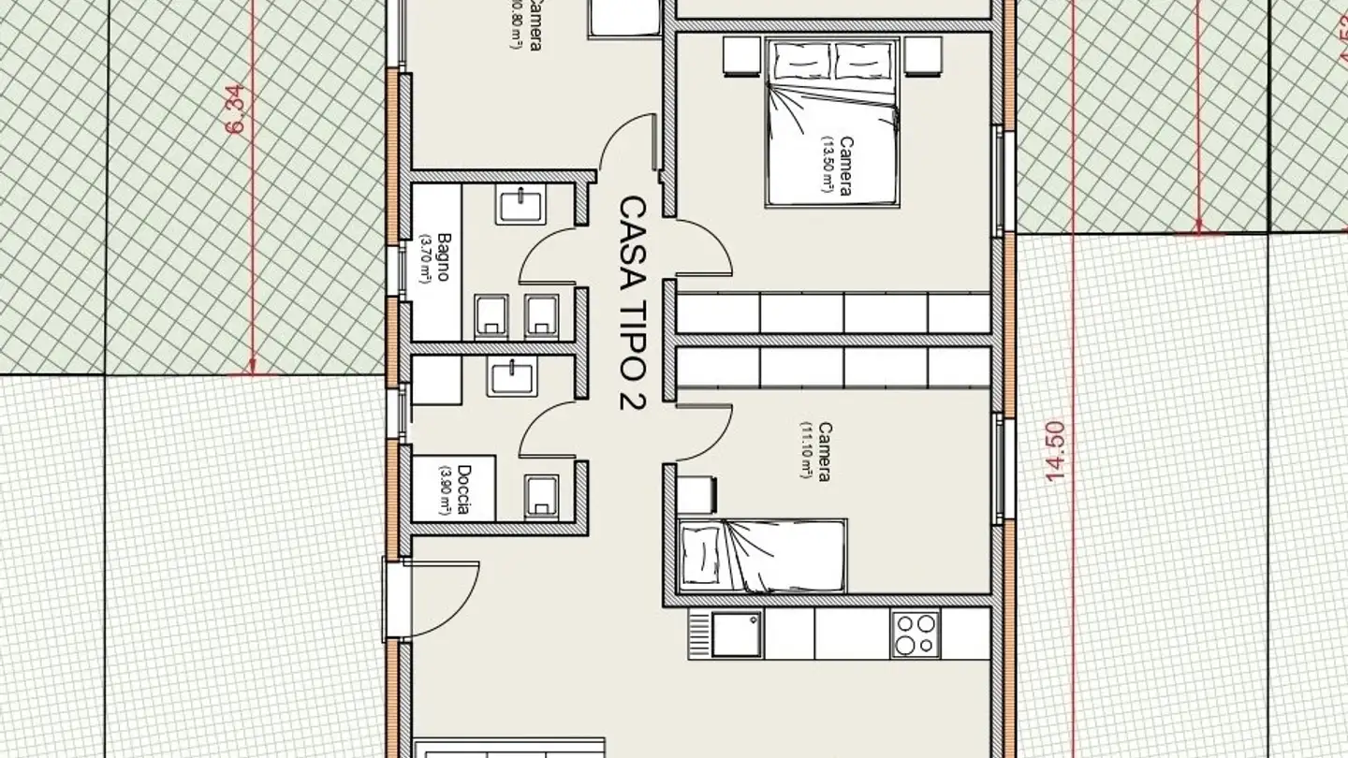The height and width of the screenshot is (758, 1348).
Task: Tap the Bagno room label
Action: [435, 257]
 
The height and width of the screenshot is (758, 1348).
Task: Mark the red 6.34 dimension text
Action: [235, 109]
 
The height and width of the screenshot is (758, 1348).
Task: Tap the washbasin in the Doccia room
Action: [511, 379]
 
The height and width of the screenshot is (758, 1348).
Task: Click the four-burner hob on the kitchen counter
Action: [915, 634]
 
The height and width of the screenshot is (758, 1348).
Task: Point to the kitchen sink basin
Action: [737, 634]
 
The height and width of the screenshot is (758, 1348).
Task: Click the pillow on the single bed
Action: [699, 556]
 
